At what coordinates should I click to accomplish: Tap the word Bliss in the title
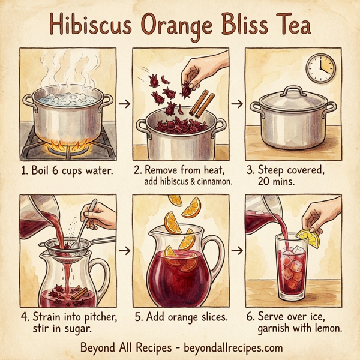point(246,25)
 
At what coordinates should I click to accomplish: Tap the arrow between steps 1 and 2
point(125,104)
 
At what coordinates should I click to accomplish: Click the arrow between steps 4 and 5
point(125,248)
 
